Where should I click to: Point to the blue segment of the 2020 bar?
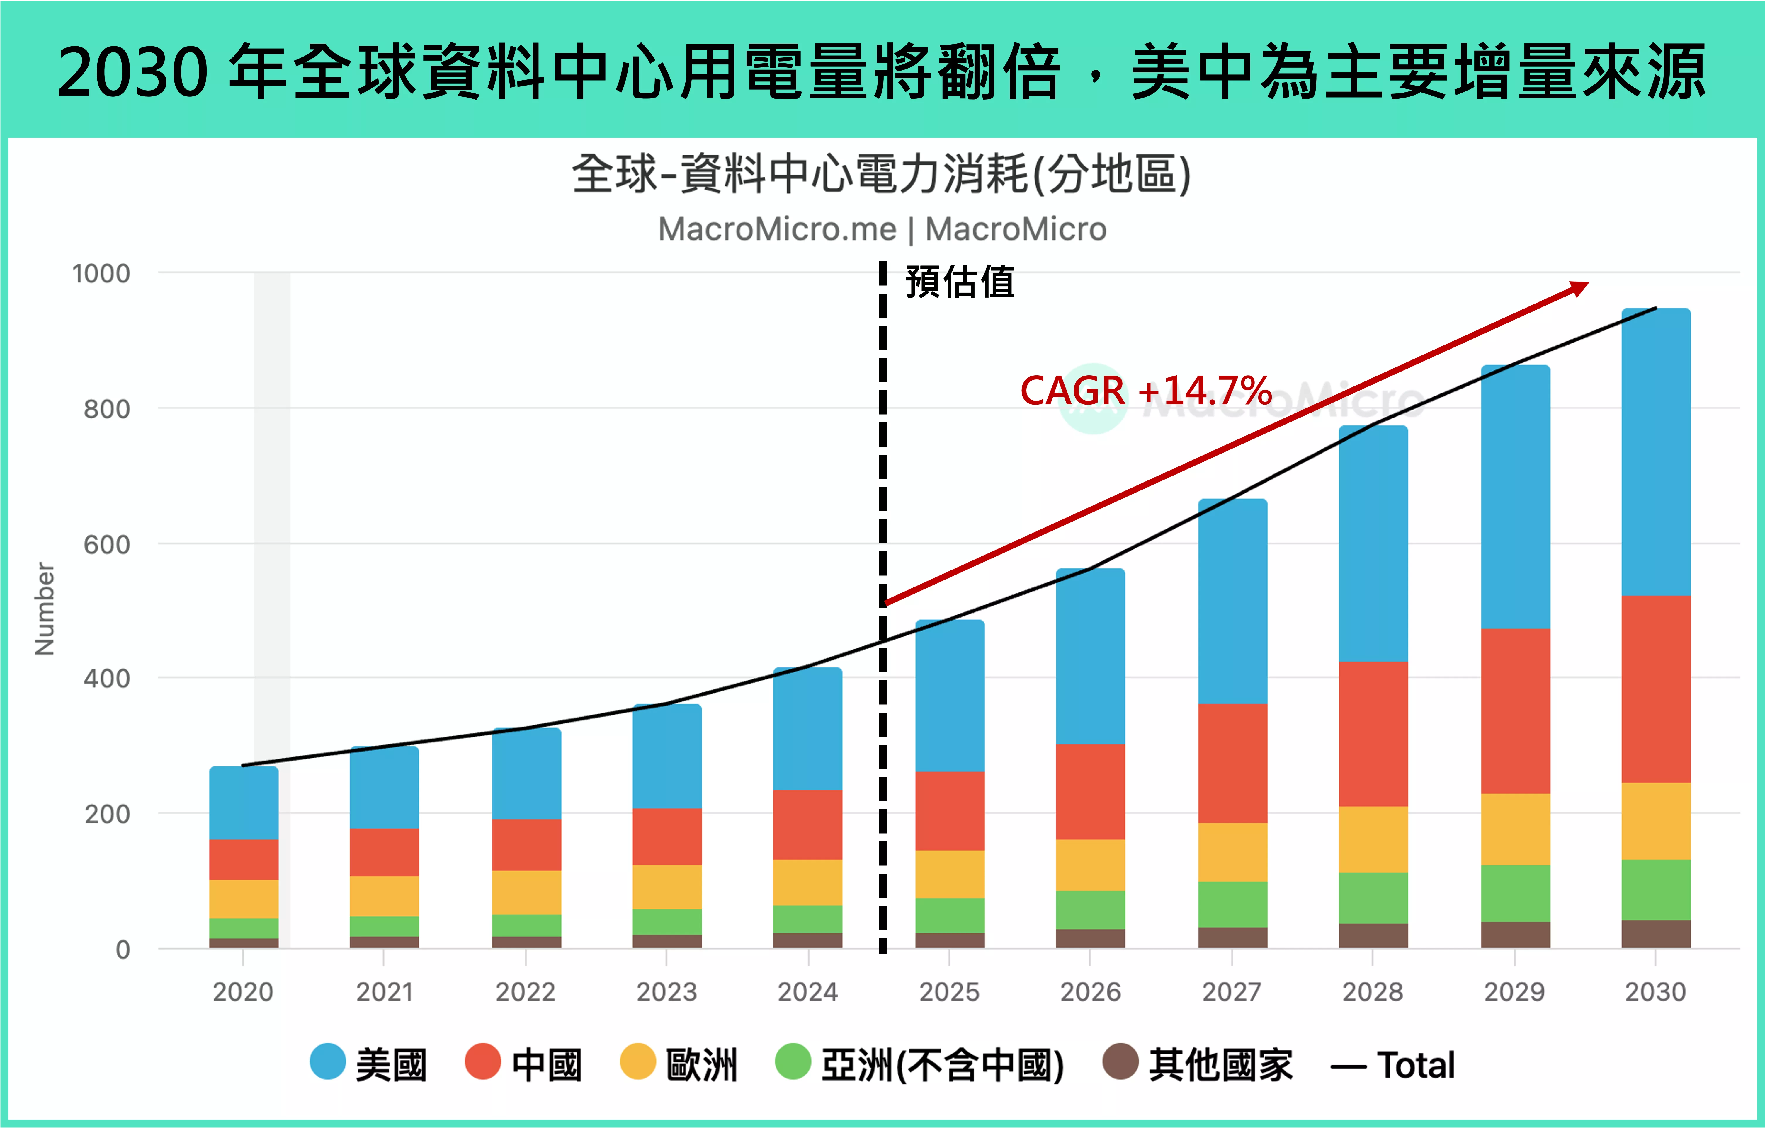243,802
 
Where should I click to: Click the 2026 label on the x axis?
1090,992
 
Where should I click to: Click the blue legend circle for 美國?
328,1061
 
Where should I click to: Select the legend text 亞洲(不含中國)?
942,1065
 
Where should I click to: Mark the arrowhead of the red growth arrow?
1579,287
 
